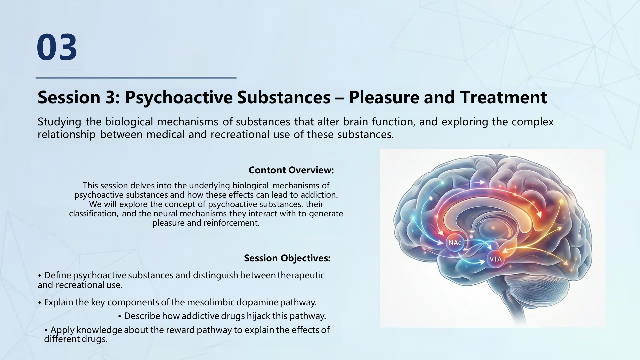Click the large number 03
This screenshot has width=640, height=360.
(x=57, y=47)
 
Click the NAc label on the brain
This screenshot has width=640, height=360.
(x=455, y=243)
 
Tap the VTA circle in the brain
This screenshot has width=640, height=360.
(x=495, y=259)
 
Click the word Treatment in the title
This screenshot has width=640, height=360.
(x=503, y=98)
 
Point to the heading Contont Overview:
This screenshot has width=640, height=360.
(x=291, y=170)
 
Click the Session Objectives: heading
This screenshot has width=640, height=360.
(x=287, y=258)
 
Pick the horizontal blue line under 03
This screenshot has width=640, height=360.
(x=136, y=78)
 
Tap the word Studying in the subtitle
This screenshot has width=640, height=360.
(x=59, y=122)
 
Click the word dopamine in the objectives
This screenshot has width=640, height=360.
(x=257, y=302)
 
